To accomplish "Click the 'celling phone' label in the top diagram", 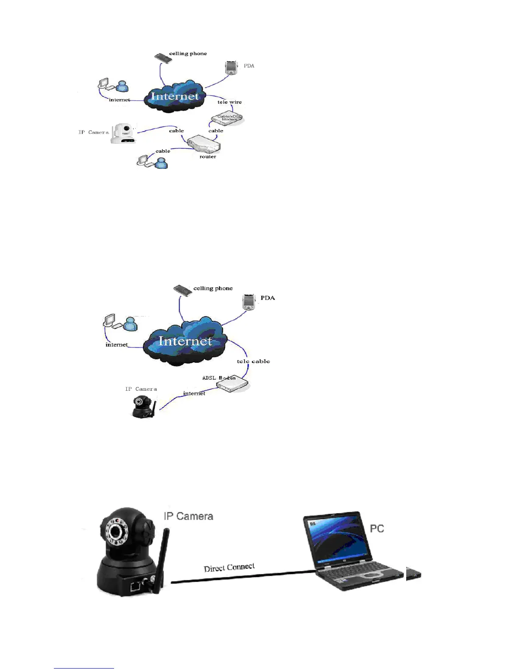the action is point(188,53).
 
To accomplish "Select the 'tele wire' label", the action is point(229,102).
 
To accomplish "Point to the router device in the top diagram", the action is point(204,144).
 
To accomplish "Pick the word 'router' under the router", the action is point(208,157).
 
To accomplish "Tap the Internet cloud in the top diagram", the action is point(175,96).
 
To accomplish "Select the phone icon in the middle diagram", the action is point(183,291).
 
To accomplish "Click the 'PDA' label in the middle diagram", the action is point(268,298).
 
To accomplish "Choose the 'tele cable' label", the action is point(253,361).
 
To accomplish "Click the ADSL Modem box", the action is point(232,385).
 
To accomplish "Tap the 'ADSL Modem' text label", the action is point(219,378).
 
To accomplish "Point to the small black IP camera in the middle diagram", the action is point(143,407).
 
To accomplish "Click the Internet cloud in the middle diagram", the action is point(185,342).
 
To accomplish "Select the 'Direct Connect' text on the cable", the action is point(229,568).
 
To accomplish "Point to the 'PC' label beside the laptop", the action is point(377,529).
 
